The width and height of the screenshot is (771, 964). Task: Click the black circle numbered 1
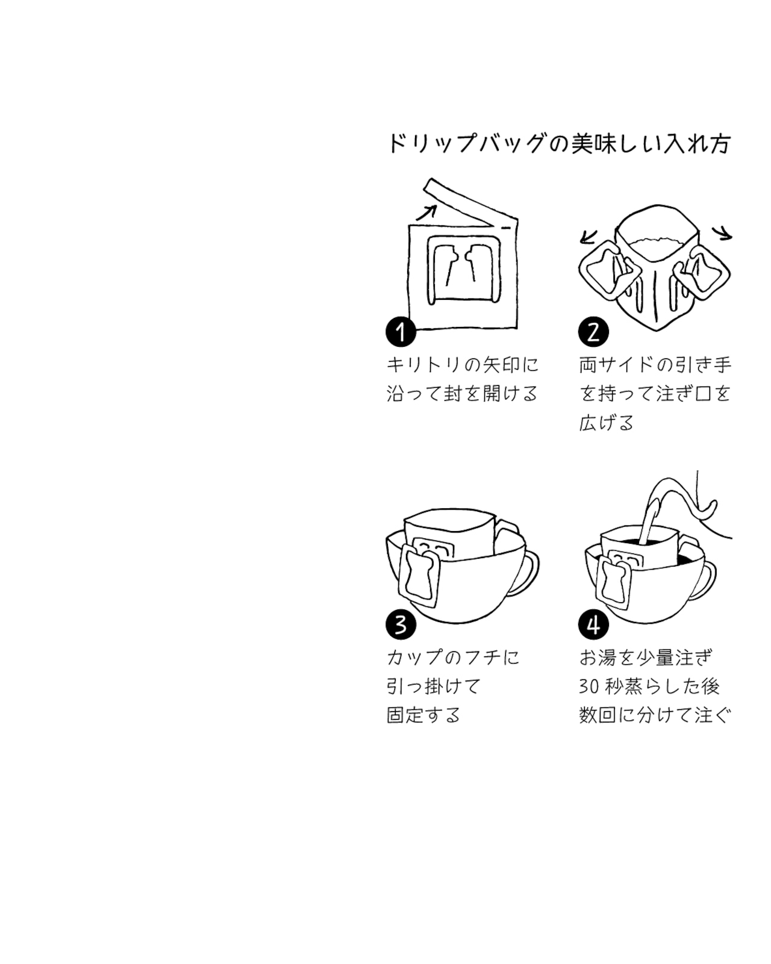tap(401, 332)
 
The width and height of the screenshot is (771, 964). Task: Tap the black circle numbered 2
tap(593, 332)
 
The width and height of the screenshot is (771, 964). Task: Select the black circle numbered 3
tap(401, 624)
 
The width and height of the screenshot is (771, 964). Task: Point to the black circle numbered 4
tap(593, 624)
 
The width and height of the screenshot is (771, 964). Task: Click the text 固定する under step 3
tap(423, 715)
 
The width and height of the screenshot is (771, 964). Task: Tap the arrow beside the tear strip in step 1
tap(426, 211)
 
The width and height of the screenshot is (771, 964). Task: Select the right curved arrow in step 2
tap(722, 233)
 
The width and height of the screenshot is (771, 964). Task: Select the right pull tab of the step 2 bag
tap(707, 273)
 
